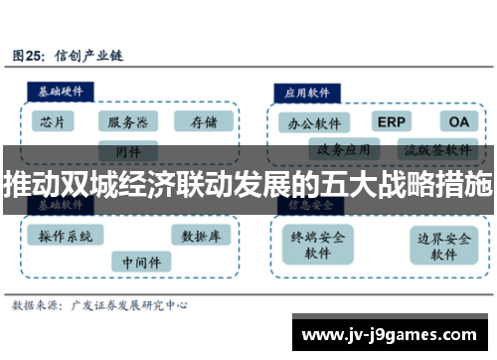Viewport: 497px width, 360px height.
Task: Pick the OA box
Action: [457, 121]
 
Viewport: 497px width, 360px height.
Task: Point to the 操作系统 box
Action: [66, 236]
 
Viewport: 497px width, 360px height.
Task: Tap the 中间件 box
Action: [140, 263]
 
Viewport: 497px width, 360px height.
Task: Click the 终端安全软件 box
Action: [317, 245]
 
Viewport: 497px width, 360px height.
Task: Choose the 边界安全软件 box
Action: [443, 245]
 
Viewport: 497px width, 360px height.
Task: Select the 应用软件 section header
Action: [307, 90]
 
